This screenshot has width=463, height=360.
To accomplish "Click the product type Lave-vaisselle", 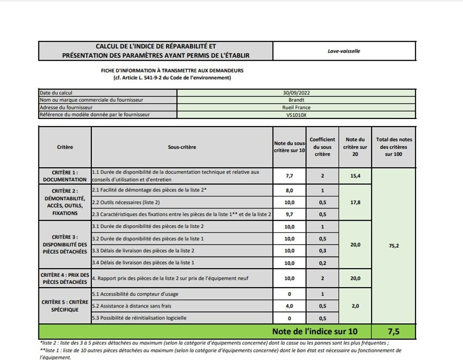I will [344, 51].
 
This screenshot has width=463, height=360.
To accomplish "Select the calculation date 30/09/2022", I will [296, 93].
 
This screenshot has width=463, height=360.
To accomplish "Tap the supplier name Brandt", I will [296, 100].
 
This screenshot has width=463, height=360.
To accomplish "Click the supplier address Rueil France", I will [296, 108].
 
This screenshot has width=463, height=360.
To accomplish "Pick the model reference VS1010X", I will [296, 115].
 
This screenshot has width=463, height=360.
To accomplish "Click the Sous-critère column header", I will [182, 147].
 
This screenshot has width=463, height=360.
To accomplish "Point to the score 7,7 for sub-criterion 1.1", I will [289, 176].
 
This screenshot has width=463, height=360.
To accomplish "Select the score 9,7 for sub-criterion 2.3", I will [289, 214].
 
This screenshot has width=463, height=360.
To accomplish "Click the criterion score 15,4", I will [355, 176].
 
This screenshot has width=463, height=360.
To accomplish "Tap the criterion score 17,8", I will [355, 203].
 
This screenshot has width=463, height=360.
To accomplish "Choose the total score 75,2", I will [393, 246].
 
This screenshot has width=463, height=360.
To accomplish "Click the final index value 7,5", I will [393, 332].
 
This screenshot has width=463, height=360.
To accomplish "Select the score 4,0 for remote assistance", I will [289, 306].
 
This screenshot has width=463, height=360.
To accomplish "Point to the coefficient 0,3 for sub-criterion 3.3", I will [322, 251].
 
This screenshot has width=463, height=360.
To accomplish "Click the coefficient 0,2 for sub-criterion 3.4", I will [322, 263].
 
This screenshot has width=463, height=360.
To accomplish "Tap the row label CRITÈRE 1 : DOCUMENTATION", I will [65, 176].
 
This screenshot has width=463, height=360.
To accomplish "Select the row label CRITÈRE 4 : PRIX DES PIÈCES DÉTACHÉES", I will [65, 278].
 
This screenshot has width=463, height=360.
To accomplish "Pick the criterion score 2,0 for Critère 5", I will [355, 306].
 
